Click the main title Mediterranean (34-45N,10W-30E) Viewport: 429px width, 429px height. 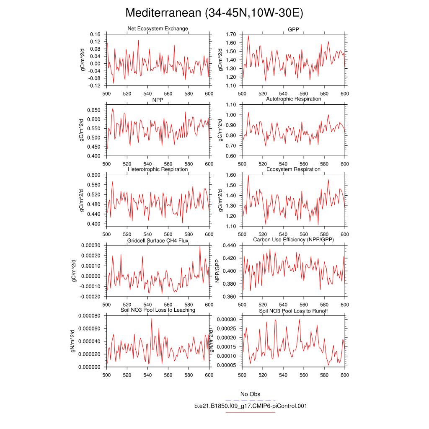coord(214,13)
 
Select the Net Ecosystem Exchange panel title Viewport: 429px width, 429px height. coord(158,28)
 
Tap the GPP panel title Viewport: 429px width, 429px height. coord(293,28)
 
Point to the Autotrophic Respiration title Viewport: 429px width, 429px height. coord(293,99)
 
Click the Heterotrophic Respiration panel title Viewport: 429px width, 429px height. coord(158,169)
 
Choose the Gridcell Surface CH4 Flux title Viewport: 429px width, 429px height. coord(158,241)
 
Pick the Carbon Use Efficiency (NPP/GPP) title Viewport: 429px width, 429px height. coord(293,240)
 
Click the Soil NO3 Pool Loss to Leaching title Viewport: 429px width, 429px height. coord(158,310)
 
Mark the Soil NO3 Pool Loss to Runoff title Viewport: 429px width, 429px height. coord(293,311)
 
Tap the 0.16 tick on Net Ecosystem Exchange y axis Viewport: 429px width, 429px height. coord(95,34)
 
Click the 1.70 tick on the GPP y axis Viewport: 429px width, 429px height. coord(231,34)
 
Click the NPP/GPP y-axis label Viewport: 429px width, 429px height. coord(217,271)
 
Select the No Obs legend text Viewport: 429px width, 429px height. coord(250,394)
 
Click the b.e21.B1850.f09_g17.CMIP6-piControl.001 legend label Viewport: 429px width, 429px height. coord(250,406)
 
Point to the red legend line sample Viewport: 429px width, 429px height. coord(250,412)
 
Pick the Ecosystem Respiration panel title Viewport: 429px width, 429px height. coord(293,169)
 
